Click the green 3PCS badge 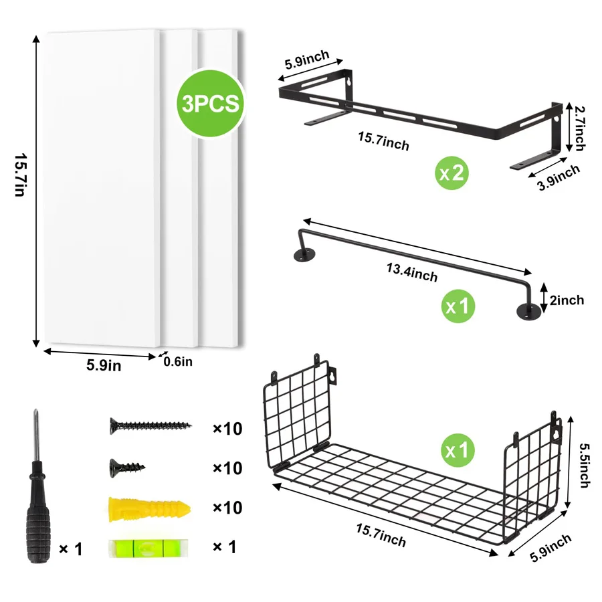point(209,103)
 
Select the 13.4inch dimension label point(411,272)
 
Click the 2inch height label point(567,300)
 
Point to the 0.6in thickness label point(178,362)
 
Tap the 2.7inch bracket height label point(579,126)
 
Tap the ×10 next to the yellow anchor point(227,508)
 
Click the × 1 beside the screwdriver point(70,549)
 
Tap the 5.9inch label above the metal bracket point(307,61)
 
